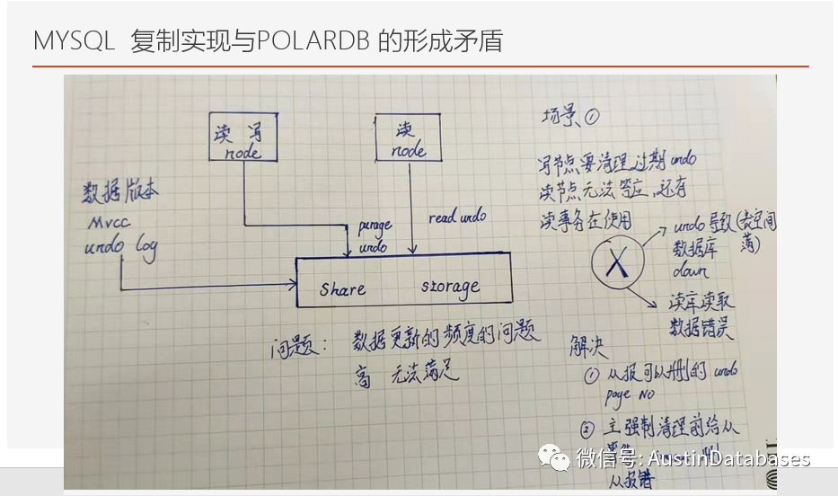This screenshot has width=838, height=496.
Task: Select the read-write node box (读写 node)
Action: (x=243, y=137)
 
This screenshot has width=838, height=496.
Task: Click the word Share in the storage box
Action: (x=342, y=289)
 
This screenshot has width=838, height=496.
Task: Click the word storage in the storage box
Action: (x=450, y=288)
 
